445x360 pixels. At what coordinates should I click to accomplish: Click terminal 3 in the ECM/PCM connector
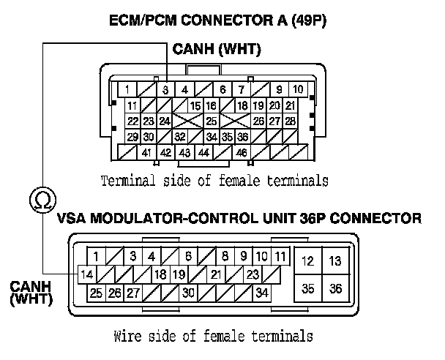pos(166,90)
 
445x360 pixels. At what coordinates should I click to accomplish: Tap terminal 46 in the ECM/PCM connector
pos(241,152)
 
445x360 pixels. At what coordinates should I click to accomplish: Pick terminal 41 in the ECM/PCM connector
pos(147,152)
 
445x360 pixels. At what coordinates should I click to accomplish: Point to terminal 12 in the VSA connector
pos(308,260)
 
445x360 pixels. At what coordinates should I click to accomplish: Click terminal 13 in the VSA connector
pos(335,260)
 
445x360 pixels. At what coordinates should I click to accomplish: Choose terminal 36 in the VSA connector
pos(335,288)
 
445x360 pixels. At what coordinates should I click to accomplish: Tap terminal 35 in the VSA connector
pos(308,288)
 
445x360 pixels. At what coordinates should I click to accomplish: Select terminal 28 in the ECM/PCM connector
pos(290,121)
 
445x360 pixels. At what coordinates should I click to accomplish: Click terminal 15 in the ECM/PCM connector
pos(195,106)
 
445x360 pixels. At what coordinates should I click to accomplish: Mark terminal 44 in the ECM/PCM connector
pos(203,152)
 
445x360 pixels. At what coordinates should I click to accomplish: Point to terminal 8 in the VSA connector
pos(225,257)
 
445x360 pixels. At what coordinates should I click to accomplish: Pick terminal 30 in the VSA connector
pos(188,293)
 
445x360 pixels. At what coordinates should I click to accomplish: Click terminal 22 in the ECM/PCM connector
pos(132,121)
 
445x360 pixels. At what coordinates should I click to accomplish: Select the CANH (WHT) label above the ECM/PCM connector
pos(217,50)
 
